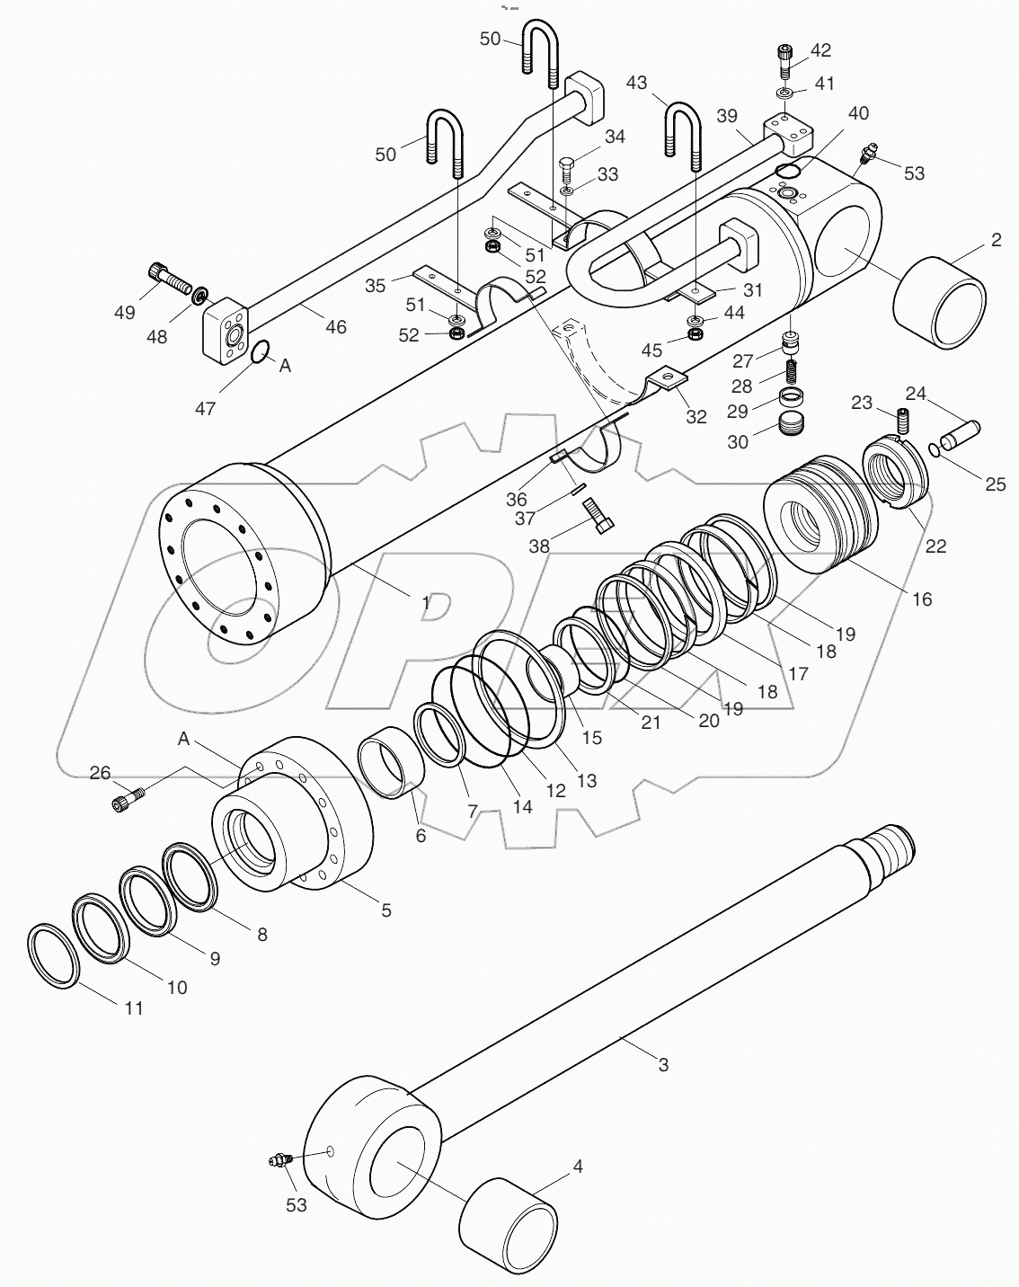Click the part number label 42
pos(820,51)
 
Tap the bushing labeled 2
pos(939,301)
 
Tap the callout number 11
pos(133,1008)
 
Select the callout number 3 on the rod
pos(663,1066)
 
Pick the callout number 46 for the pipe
pos(335,327)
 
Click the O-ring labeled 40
pos(788,172)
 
